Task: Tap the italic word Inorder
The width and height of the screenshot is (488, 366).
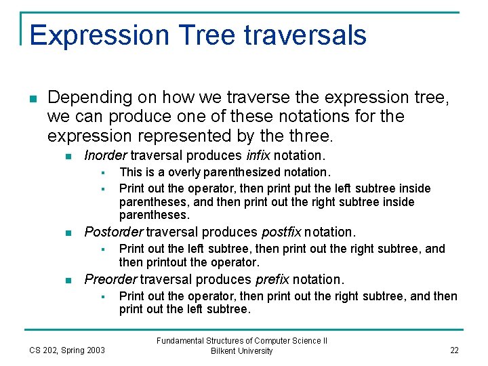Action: click(x=106, y=155)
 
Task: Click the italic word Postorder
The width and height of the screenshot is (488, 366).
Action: click(x=113, y=232)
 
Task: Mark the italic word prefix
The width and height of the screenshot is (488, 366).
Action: click(x=272, y=279)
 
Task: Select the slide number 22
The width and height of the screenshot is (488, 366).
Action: click(x=453, y=350)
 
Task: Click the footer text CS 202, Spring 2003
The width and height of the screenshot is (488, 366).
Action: click(x=67, y=350)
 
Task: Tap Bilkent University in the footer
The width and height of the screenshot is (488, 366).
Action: click(x=242, y=351)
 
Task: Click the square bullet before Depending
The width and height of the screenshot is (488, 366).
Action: click(x=33, y=99)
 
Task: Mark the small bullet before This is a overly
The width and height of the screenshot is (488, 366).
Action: click(x=104, y=173)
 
